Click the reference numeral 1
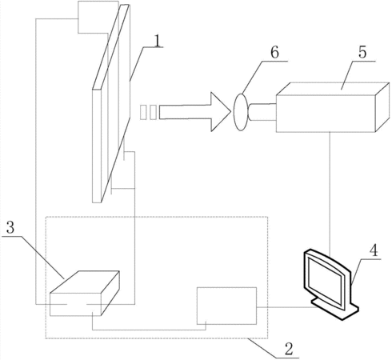click(158, 41)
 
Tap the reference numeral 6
click(274, 52)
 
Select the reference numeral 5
click(362, 52)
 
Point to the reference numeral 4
click(374, 250)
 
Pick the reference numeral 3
click(10, 227)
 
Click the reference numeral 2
click(289, 349)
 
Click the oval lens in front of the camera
click(241, 112)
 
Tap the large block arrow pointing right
click(195, 112)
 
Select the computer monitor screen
click(325, 281)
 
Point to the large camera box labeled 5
click(333, 107)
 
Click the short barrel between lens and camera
click(262, 112)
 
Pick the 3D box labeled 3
click(85, 294)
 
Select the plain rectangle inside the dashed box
click(226, 306)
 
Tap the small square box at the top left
click(98, 17)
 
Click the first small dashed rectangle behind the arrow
click(143, 112)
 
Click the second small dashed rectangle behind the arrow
click(153, 112)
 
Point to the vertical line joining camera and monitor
click(330, 194)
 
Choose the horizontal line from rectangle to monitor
click(287, 307)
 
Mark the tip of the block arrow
click(230, 112)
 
